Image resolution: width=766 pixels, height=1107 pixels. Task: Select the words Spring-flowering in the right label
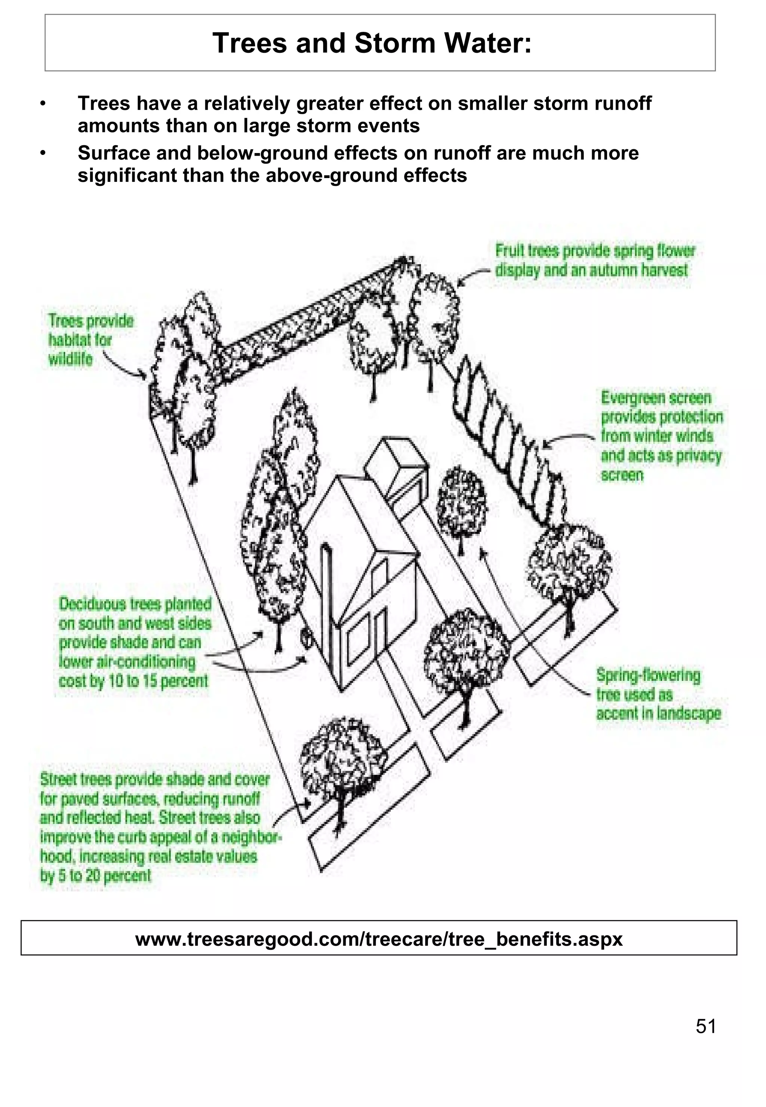click(648, 675)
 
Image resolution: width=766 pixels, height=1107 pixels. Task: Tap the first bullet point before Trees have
click(43, 104)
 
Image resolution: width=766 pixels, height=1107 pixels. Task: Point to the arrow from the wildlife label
click(125, 367)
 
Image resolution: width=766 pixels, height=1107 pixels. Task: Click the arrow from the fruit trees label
click(473, 276)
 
